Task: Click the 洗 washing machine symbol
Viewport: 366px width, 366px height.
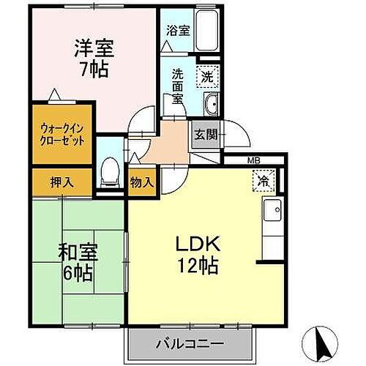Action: tap(207, 75)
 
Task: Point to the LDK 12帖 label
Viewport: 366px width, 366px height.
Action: tap(195, 254)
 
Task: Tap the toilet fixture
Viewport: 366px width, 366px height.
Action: tap(108, 171)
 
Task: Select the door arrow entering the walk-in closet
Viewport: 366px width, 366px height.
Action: tap(53, 94)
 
